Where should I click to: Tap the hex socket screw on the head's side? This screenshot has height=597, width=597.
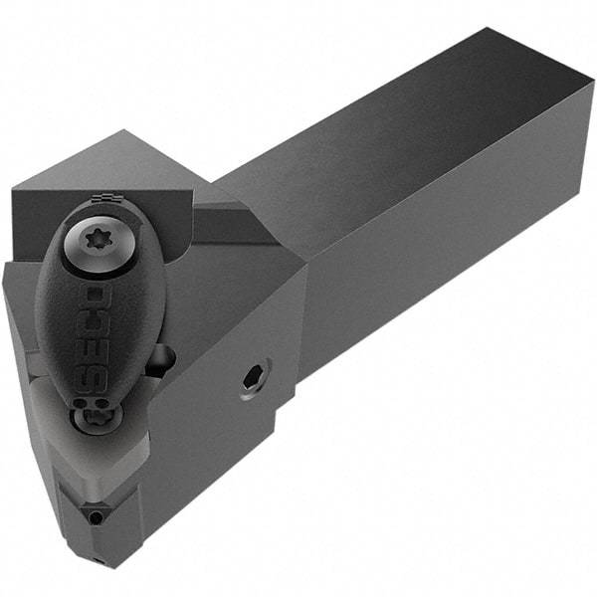pyautogui.click(x=254, y=378)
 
